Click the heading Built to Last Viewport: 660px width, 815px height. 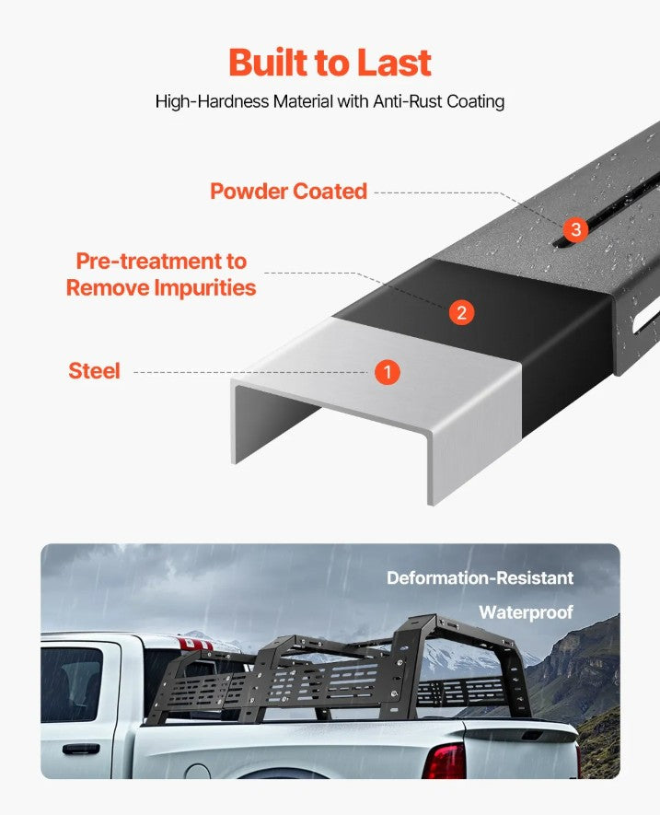(x=330, y=63)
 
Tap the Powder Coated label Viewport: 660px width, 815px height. (x=288, y=192)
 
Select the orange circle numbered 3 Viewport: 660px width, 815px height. (x=575, y=229)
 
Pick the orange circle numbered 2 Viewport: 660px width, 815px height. (x=461, y=312)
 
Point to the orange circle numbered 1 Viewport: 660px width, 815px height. (x=388, y=372)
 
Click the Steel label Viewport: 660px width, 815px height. (x=94, y=370)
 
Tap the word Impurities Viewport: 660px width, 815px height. (x=205, y=287)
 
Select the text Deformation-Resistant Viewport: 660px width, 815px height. (x=480, y=578)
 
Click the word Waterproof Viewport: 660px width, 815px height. (x=526, y=612)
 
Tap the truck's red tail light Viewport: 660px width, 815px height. (x=445, y=761)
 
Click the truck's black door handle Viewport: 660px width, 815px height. (x=81, y=749)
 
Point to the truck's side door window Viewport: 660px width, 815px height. (x=72, y=684)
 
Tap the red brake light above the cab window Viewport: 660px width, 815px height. (x=196, y=645)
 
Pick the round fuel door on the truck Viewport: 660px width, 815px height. (x=198, y=772)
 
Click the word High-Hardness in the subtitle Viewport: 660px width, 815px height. (x=212, y=100)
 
